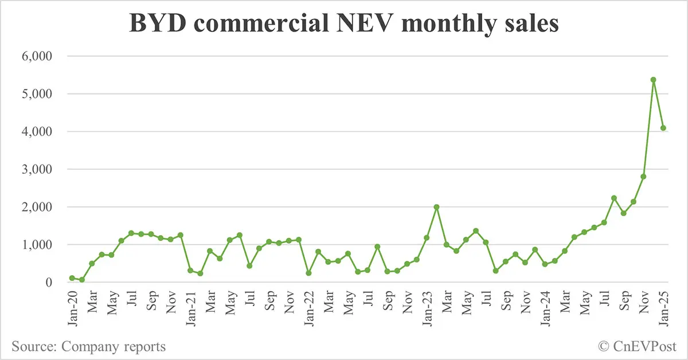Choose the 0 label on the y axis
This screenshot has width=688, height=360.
48,283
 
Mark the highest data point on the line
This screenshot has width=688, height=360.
653,80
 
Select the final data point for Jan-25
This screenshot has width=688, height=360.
663,128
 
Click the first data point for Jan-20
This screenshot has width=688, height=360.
72,278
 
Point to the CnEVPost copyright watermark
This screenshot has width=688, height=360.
638,346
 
